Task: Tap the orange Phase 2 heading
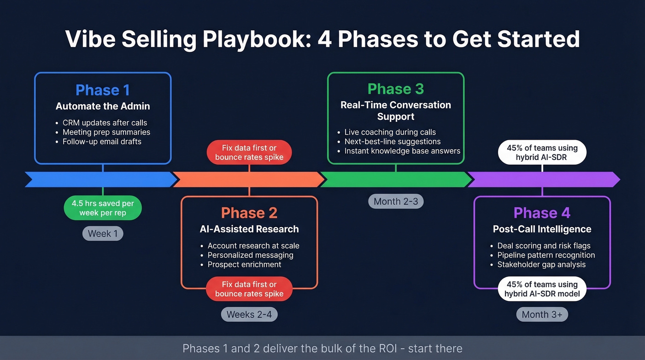coord(249,212)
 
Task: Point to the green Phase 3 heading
coord(396,89)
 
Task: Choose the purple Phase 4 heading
coord(542,212)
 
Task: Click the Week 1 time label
coord(103,233)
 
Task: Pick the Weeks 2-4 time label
coord(249,314)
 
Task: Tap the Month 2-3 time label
coord(396,201)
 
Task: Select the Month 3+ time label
coord(542,314)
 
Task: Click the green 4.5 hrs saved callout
coord(103,208)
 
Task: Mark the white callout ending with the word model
coord(542,289)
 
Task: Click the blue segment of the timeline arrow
coord(99,179)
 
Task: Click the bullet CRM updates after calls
coord(105,123)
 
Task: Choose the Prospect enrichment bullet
coord(244,264)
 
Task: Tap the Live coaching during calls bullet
coord(390,132)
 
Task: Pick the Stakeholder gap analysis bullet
coord(541,264)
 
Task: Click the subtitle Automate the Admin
coord(103,106)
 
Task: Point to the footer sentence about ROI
coord(322,348)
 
